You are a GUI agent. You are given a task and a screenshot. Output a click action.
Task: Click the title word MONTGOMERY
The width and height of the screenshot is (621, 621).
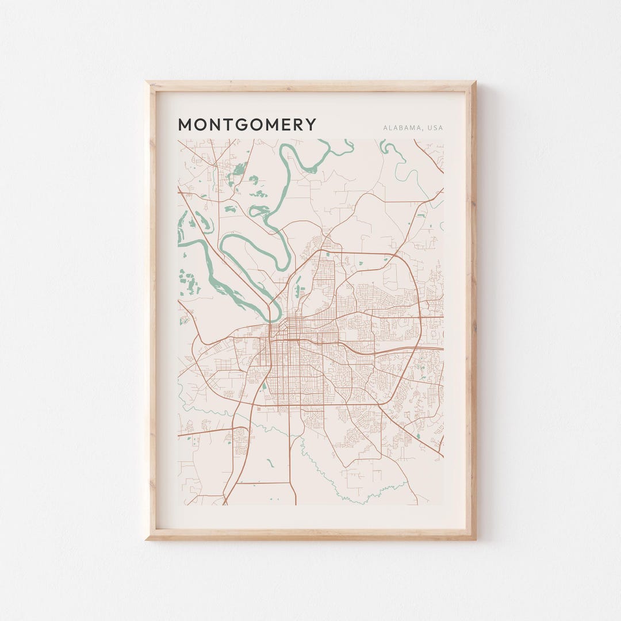click(x=247, y=125)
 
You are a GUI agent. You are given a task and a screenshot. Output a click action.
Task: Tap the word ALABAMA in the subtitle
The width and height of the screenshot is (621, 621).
click(x=401, y=128)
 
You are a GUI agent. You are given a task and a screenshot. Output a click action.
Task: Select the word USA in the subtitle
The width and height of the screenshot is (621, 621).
click(x=435, y=128)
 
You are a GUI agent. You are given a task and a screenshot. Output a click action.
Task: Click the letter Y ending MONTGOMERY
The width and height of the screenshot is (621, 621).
click(x=311, y=125)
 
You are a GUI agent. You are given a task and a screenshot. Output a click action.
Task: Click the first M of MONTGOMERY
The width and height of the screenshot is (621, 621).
click(x=185, y=125)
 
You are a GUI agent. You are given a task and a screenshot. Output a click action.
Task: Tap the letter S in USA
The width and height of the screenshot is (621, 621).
click(x=435, y=128)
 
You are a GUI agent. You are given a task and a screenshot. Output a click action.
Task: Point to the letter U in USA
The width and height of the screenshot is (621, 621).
click(x=430, y=128)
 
